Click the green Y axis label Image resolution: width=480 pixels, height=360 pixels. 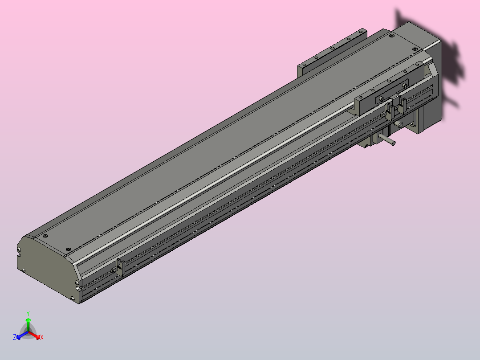[28, 313]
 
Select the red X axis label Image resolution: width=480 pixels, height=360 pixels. [41, 338]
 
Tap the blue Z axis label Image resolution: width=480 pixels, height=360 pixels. [15, 338]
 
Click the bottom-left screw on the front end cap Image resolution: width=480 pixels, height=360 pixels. [23, 270]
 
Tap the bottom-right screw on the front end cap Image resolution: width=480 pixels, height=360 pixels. [73, 298]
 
